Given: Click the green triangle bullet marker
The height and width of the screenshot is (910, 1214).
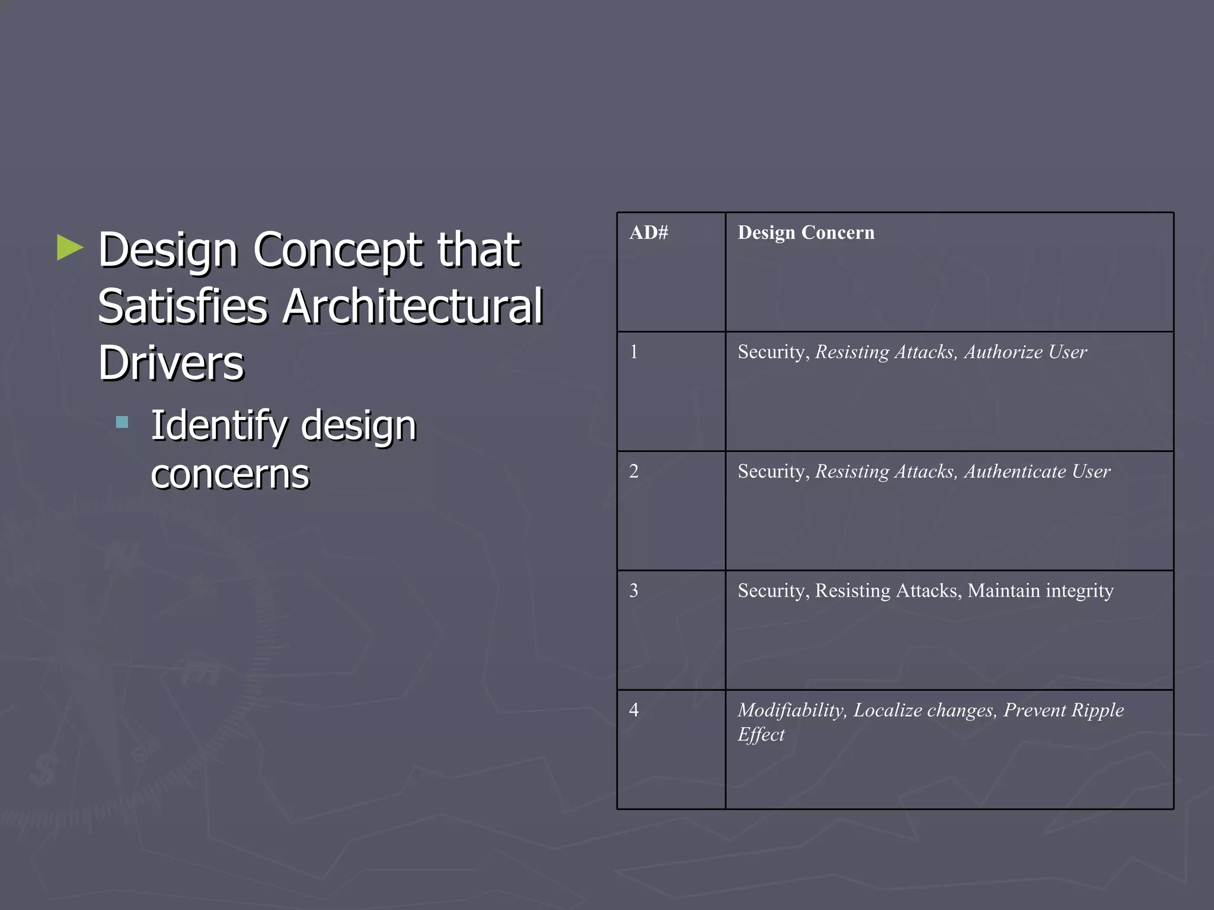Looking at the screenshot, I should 69,248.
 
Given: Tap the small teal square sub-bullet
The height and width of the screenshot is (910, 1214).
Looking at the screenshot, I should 122,422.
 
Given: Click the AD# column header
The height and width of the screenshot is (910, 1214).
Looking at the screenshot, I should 648,232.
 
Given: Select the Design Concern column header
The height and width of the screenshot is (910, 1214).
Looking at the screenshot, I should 806,232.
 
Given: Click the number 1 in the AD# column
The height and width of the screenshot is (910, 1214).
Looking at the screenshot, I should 634,352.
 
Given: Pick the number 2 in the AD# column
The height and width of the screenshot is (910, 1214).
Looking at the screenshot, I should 634,471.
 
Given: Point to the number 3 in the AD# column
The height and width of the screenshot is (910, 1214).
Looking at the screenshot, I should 634,590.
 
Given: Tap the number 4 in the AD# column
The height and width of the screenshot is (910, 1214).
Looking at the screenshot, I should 634,709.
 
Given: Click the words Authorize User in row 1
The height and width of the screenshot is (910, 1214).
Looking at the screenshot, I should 1025,352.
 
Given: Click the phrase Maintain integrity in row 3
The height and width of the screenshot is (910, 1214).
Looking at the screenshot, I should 1040,590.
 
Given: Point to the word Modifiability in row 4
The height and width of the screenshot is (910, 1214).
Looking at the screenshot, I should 791,709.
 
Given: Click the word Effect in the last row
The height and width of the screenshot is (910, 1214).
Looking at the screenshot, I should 761,734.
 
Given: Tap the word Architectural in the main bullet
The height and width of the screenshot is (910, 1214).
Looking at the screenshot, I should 412,306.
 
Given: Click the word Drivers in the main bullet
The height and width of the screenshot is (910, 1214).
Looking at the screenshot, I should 171,363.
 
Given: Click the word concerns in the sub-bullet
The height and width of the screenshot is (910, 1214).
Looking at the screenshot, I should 230,474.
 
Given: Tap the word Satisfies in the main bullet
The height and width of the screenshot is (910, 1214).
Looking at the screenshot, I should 183,306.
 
